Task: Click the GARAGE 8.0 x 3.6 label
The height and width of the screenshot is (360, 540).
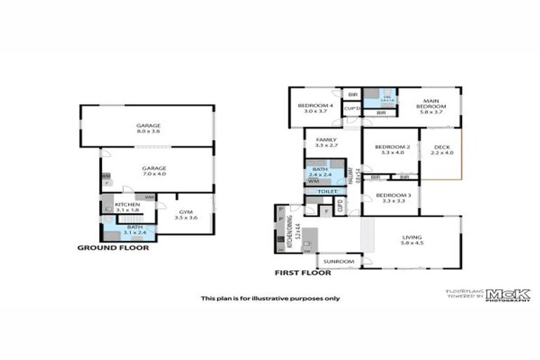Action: click(148, 128)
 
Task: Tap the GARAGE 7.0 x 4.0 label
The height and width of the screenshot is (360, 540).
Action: click(154, 172)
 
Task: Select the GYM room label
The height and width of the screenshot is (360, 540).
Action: click(186, 214)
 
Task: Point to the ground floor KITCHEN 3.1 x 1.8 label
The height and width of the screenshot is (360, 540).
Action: click(127, 206)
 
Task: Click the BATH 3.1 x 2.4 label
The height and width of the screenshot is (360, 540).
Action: click(134, 230)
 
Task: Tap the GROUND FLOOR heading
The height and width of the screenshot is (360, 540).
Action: click(112, 247)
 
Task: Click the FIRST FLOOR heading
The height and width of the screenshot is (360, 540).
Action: click(303, 272)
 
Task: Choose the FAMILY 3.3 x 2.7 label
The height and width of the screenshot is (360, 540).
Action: click(327, 143)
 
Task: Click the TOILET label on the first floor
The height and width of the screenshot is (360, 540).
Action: click(327, 191)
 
